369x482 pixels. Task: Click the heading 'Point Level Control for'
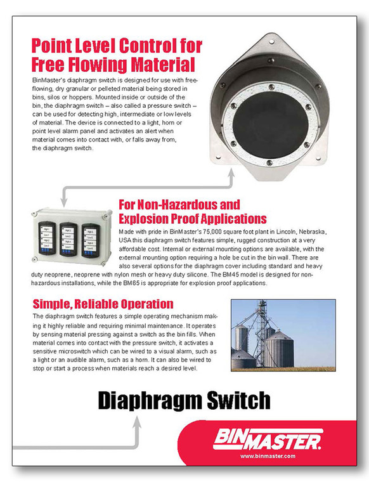click(117, 46)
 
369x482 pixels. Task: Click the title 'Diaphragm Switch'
click(184, 400)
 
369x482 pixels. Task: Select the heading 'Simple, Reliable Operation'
click(103, 304)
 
